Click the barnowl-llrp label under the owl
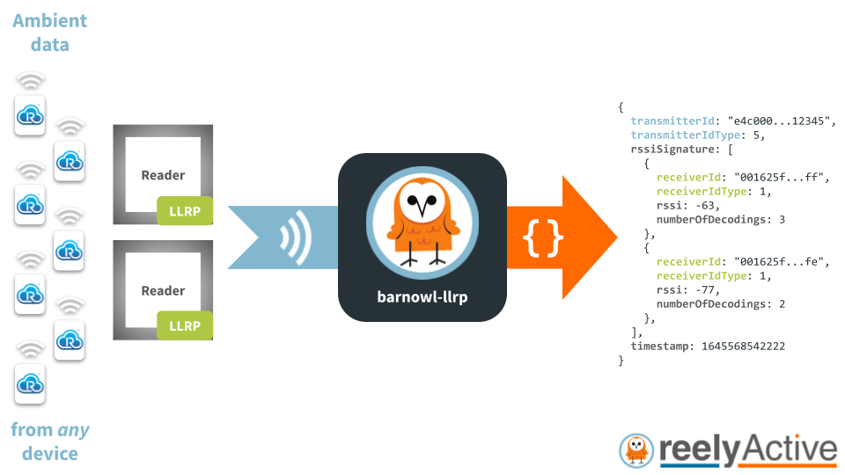point(422,296)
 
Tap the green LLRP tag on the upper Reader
point(185,211)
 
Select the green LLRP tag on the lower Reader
point(185,325)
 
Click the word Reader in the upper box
point(163,175)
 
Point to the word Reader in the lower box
point(163,291)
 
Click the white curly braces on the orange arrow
point(543,237)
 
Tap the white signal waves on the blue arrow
point(296,237)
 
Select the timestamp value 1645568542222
point(743,347)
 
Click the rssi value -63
point(707,206)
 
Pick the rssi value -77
point(707,290)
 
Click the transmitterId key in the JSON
point(672,121)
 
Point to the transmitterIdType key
point(686,135)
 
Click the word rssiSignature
point(672,150)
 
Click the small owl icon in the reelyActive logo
point(636,450)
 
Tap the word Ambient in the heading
point(49,20)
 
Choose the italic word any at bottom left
point(73,431)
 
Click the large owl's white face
point(422,201)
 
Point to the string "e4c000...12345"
point(779,121)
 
